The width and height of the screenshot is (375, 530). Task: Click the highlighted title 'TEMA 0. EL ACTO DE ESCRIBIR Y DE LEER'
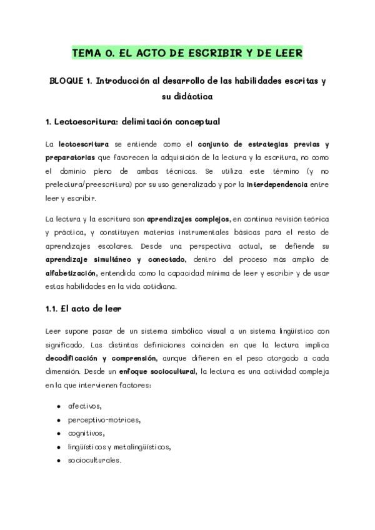tap(187, 54)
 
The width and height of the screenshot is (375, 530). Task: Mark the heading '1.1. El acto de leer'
tap(83, 308)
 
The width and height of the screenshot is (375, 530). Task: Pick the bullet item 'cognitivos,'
tap(86, 433)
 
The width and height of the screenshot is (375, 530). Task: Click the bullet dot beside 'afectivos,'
tap(58, 406)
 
